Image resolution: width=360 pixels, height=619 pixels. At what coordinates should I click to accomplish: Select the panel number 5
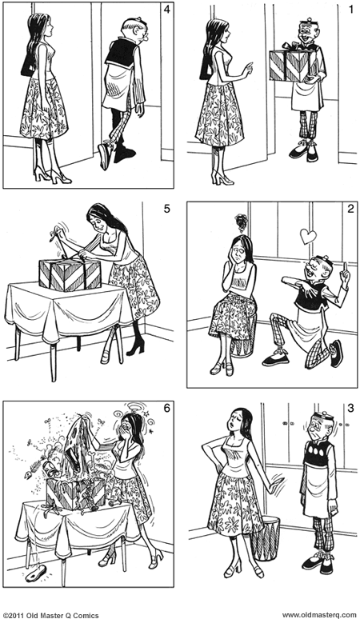(166, 210)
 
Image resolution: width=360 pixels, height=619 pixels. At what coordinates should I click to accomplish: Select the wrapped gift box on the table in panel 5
(70, 273)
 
